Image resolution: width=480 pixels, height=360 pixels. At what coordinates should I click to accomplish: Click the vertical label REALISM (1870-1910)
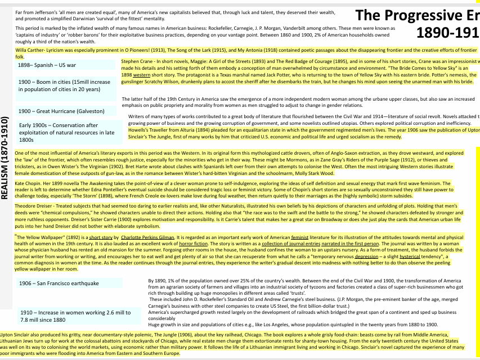5,157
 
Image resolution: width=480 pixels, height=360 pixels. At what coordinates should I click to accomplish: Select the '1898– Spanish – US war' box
47,65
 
